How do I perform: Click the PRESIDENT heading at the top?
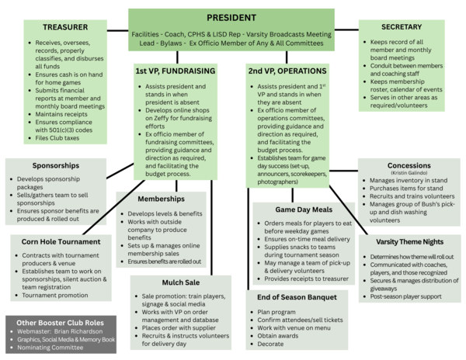pos(231,18)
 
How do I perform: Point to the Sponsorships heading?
pos(55,165)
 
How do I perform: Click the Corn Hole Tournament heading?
pos(61,241)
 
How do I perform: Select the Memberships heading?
pos(160,199)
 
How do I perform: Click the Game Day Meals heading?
pos(301,210)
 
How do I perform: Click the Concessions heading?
pos(409,165)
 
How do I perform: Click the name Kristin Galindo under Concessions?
pos(409,173)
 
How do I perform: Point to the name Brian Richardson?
pos(83,330)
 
